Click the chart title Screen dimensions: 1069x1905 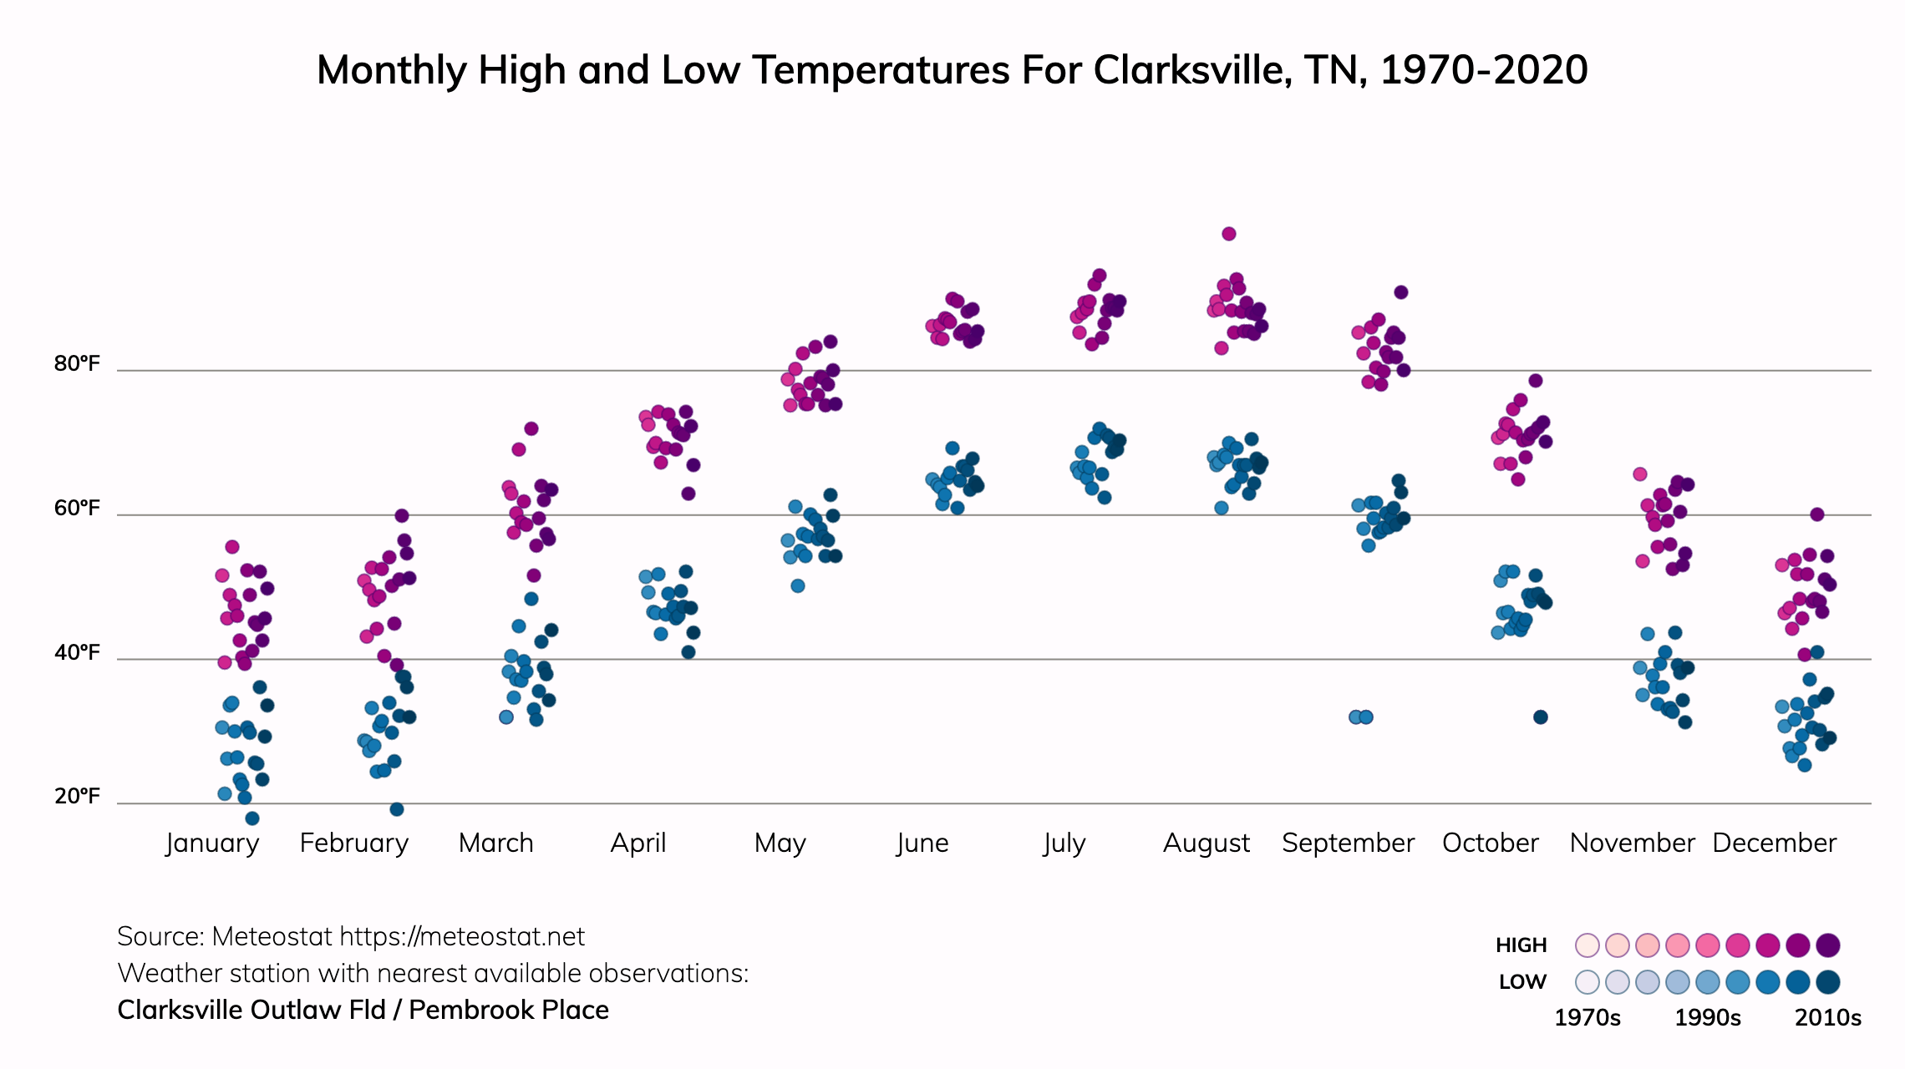point(952,70)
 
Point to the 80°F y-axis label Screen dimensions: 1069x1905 point(77,364)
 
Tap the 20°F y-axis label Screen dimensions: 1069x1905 point(77,797)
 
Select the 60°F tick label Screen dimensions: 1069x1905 point(77,509)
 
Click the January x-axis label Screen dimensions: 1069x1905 point(212,844)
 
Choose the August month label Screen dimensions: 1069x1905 point(1206,844)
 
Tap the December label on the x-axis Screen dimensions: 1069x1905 point(1774,844)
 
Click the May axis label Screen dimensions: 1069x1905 point(780,844)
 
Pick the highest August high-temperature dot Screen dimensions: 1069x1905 point(1228,234)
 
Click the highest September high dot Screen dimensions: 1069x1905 point(1401,292)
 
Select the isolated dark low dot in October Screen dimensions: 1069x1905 point(1541,717)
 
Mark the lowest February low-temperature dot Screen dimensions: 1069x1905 point(397,809)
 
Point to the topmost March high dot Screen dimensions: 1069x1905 point(531,428)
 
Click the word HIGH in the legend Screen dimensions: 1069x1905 point(1521,945)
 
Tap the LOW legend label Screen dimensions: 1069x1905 point(1522,982)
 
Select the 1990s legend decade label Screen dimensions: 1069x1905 point(1708,1018)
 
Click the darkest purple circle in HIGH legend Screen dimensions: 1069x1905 point(1828,945)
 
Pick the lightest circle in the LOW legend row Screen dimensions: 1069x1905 point(1587,982)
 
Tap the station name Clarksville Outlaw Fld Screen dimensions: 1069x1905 point(251,1011)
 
